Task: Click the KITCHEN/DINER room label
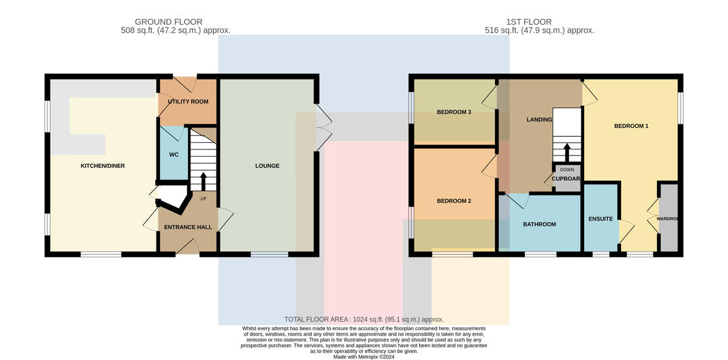click(103, 166)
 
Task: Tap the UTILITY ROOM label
click(188, 102)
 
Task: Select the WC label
click(174, 155)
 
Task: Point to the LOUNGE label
click(267, 166)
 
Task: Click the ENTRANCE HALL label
click(188, 227)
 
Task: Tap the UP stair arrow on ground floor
click(203, 182)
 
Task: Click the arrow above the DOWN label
click(567, 152)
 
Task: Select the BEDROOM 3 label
click(454, 112)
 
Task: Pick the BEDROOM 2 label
click(454, 201)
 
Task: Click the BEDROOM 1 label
click(631, 126)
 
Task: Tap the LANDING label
click(539, 120)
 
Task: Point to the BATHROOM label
click(539, 225)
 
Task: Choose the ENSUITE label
click(601, 219)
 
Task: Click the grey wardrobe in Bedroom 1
click(669, 218)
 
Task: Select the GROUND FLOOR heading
click(169, 22)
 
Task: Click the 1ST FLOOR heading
click(529, 22)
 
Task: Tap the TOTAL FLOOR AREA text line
click(364, 319)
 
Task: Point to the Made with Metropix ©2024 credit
click(364, 357)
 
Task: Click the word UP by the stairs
click(203, 199)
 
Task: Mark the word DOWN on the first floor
click(567, 170)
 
